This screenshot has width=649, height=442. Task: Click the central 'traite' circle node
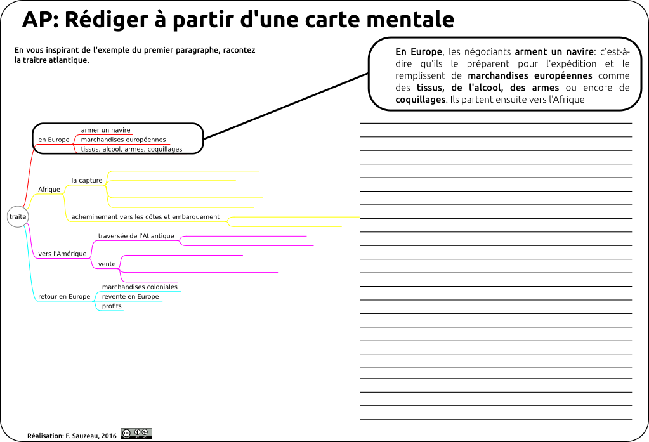[18, 216]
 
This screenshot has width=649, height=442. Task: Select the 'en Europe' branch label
[54, 140]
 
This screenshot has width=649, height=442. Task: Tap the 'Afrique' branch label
[49, 190]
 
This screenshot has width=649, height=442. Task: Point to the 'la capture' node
[87, 181]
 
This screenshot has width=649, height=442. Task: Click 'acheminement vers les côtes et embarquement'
[145, 217]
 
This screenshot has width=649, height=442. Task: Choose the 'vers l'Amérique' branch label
[63, 254]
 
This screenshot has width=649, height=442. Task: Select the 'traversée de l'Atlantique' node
[136, 236]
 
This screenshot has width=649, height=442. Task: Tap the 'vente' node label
[107, 264]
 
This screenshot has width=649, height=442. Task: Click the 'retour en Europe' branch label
[64, 296]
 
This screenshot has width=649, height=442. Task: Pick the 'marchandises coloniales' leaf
[140, 287]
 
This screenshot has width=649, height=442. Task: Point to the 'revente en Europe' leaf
[131, 296]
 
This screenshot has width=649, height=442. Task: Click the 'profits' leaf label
[112, 306]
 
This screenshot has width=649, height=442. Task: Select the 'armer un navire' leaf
[105, 130]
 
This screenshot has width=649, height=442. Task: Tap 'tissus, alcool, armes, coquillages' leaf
[131, 150]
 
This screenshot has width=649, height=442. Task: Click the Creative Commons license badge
[136, 433]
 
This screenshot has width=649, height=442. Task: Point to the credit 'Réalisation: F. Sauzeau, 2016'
[72, 436]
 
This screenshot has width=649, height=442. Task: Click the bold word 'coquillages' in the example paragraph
[420, 100]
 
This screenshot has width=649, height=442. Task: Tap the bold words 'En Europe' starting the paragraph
[419, 52]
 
